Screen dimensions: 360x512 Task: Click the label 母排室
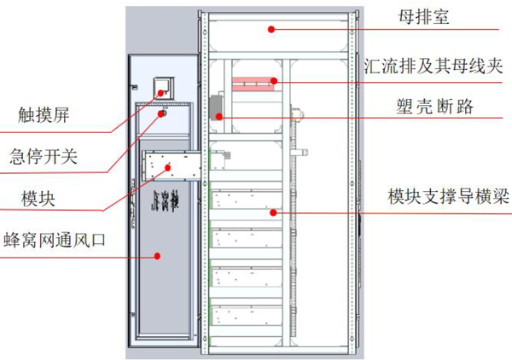coord(431,18)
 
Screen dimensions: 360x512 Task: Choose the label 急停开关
coord(44,156)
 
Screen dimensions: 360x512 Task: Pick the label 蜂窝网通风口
coord(55,241)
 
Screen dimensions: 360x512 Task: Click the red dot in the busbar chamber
coord(271,28)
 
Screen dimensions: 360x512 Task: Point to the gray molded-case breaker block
coord(217,105)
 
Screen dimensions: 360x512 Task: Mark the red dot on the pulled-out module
coord(169,168)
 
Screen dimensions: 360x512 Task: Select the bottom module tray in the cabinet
coord(247,316)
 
